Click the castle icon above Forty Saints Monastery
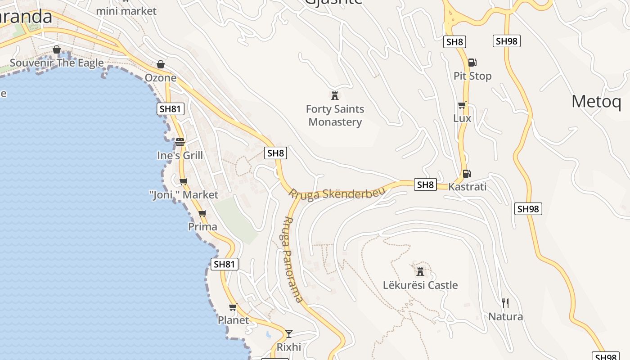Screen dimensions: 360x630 point(334,95)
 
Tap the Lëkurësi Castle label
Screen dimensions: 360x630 point(420,285)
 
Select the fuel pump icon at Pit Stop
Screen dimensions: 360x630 point(472,63)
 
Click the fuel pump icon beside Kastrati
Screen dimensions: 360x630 point(467,173)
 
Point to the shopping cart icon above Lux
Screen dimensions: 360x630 point(462,105)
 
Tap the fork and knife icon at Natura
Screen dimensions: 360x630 point(505,303)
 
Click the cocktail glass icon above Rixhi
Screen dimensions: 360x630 point(289,333)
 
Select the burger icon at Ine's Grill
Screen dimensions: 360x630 point(180,142)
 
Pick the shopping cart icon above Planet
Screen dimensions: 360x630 point(233,307)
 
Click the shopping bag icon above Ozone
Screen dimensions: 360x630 point(161,64)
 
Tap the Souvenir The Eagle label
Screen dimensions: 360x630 point(57,63)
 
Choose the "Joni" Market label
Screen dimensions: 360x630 point(184,195)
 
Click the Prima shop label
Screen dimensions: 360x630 point(202,226)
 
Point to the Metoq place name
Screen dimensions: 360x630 point(596,102)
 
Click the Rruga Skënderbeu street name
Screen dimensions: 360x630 point(337,193)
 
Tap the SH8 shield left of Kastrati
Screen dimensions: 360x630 point(425,184)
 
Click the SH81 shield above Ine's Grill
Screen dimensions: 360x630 point(171,108)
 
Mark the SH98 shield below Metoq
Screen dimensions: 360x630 point(528,209)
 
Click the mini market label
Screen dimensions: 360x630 point(126,11)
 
